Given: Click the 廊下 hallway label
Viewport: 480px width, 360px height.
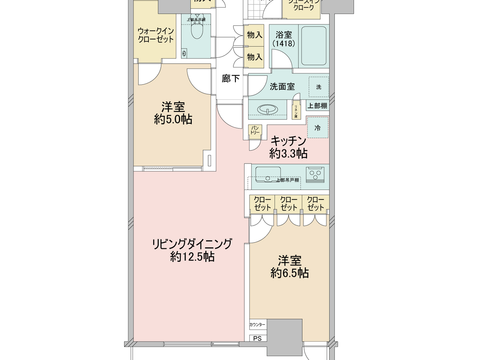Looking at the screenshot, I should (x=230, y=79).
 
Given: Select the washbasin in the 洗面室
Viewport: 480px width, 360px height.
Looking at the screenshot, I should (x=267, y=110).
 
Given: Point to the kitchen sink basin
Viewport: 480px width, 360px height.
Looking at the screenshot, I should (x=268, y=175).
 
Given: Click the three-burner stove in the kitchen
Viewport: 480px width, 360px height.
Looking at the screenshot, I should (x=315, y=175).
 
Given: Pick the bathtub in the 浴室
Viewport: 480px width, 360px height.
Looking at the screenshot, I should (x=314, y=45).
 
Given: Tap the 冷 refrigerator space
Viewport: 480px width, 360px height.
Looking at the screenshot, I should (x=317, y=128).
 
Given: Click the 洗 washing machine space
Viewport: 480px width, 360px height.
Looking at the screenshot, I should (x=319, y=87).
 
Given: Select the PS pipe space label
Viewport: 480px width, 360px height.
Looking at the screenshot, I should (x=257, y=338).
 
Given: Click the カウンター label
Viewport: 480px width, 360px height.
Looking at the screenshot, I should (x=257, y=324).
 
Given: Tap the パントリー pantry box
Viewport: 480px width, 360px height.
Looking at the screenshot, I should (x=255, y=130).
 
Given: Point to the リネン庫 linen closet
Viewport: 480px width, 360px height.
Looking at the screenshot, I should (x=296, y=111).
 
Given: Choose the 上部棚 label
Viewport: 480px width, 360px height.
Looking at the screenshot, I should (x=317, y=106).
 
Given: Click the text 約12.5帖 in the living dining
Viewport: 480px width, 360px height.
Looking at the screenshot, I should (x=192, y=256).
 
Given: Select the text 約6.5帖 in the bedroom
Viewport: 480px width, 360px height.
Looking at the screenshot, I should (x=290, y=273).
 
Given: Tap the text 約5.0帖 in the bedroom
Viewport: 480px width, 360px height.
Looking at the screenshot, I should (x=173, y=119).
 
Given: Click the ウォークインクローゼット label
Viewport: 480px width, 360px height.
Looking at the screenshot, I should (x=156, y=35).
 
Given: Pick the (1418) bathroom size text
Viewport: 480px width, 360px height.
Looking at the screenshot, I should (x=284, y=44).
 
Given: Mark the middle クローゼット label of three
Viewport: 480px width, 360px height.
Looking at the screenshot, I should (x=289, y=204).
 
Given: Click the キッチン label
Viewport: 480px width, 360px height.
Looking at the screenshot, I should (x=288, y=141).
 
